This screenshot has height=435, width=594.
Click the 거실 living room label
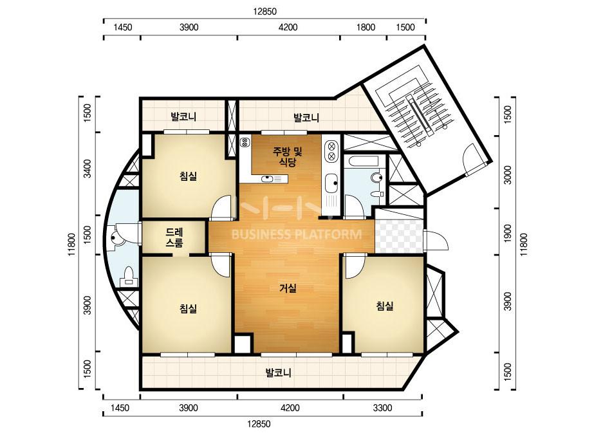coord(288,288)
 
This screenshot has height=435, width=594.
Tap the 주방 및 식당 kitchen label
coord(288,157)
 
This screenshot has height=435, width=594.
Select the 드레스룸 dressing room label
coord(174,237)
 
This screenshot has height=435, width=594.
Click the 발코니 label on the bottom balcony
coord(278,373)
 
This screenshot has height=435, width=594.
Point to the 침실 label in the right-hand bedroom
coord(384,306)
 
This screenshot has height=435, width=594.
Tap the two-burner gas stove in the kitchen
coord(331,151)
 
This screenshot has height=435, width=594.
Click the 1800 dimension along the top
coord(366,27)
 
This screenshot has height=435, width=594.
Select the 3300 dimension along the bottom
coord(383,408)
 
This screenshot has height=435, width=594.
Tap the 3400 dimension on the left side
coord(87,169)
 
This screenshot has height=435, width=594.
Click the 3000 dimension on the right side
coord(508,174)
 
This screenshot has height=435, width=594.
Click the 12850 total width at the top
coord(265,12)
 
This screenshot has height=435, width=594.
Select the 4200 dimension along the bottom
coord(290,408)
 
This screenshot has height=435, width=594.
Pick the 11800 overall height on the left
coord(72,245)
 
